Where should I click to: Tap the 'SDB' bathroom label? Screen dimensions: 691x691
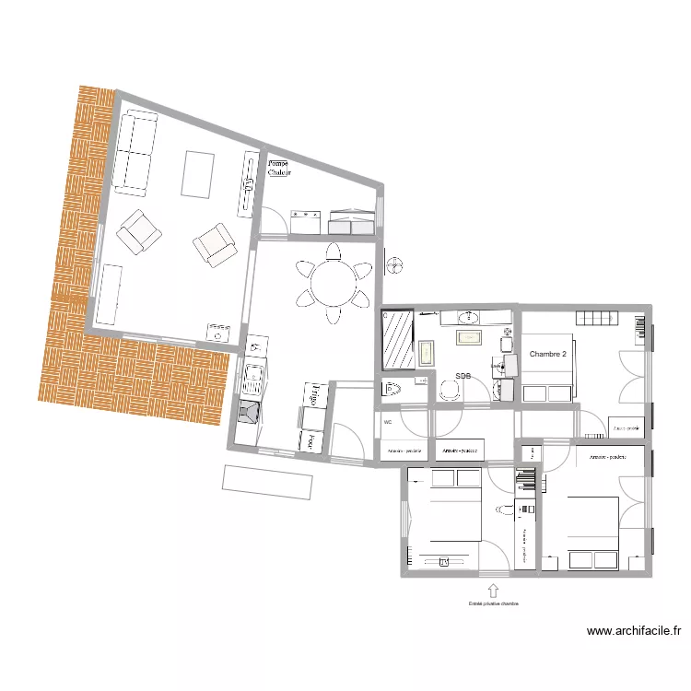463,376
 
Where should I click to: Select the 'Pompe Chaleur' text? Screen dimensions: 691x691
278,168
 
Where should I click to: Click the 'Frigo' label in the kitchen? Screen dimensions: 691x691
314,395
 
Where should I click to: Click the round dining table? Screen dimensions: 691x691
334,283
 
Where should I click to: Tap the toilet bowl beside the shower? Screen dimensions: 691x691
392,388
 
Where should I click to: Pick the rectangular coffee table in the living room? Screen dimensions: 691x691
197,174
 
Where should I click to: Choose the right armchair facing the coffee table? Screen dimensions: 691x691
215,244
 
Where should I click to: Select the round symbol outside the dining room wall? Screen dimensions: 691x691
395,265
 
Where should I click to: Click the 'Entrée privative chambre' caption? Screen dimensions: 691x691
493,605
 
